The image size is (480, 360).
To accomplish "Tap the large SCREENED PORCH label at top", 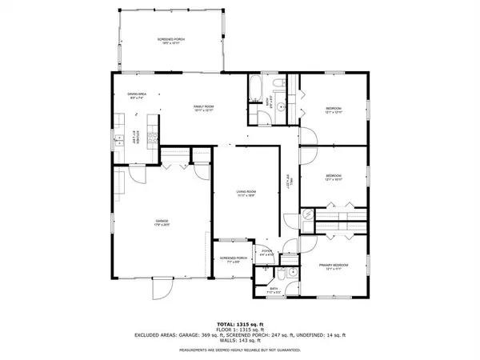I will [168, 39].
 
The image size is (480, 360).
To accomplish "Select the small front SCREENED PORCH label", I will [232, 259].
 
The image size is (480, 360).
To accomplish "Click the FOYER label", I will [266, 253].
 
